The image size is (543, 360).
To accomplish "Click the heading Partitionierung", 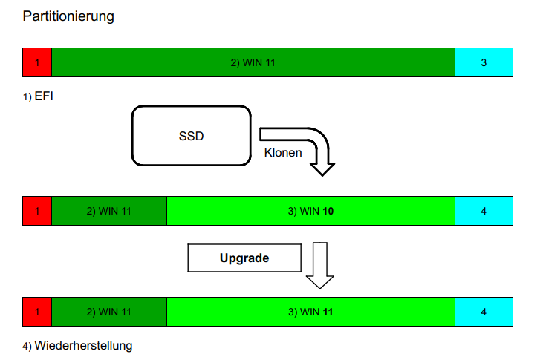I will point(68,16).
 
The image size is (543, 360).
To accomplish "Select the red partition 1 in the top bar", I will point(37,62).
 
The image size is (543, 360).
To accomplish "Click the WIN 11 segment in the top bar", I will point(253,62).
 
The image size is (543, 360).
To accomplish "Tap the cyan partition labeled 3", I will point(484,62).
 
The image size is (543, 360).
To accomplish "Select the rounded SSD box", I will point(191,136).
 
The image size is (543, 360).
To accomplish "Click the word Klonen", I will point(283,153).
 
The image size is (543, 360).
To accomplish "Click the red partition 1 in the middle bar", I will point(37,211).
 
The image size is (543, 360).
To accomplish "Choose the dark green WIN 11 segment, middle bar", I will point(109,211).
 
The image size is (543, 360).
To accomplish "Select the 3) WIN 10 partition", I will point(310,211).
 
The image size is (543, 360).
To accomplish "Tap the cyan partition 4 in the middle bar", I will point(484,211).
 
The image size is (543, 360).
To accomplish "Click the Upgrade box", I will point(244,258).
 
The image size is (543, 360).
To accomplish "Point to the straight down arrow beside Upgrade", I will point(320,265).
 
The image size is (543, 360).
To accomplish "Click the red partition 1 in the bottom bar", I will point(37,312).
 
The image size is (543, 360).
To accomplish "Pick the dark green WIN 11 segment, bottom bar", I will point(109,312).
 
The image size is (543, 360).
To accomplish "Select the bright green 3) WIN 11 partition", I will point(310,312).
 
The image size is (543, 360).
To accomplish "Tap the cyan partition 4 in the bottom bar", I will point(484,312).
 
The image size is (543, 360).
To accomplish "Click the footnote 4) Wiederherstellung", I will point(78,345).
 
